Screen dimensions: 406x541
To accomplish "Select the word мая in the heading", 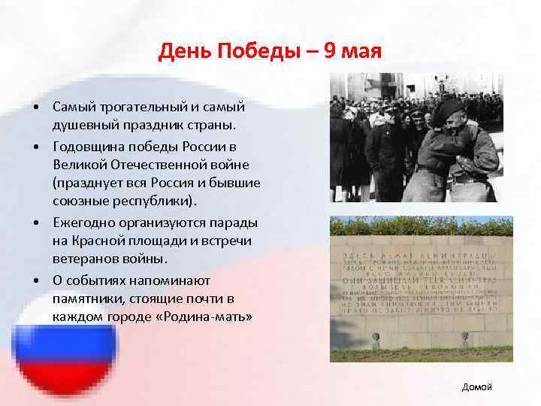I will point(364,53).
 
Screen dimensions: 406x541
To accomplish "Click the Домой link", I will point(477,386).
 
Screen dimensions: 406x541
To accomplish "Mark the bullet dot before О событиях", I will point(36,280).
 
